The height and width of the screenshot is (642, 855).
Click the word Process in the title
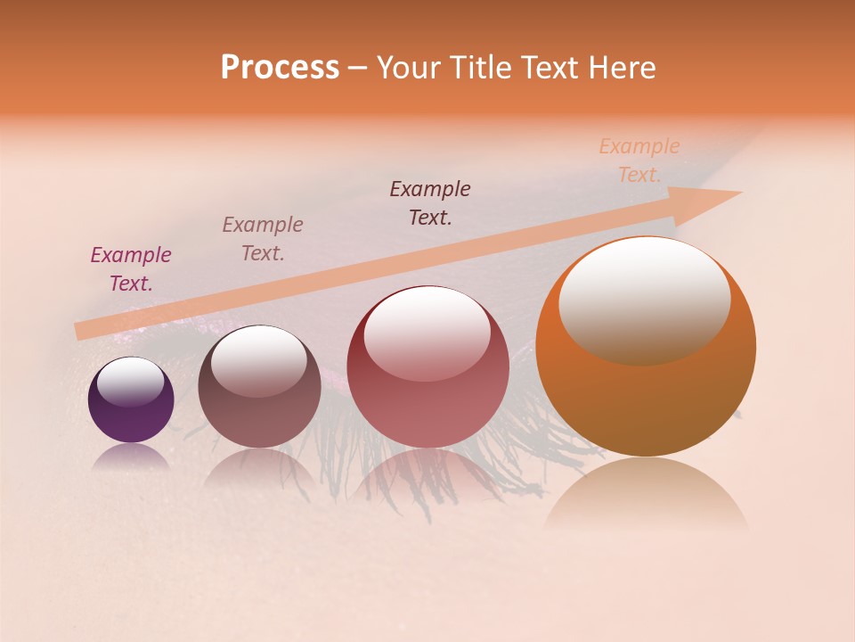click(x=280, y=68)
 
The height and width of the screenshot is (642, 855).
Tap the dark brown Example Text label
click(x=430, y=203)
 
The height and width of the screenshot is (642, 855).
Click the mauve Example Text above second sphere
click(x=263, y=239)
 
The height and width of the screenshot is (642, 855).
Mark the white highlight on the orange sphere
click(x=644, y=299)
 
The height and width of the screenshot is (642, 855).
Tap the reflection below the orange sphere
click(x=646, y=499)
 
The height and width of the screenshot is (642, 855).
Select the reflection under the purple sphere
click(x=131, y=457)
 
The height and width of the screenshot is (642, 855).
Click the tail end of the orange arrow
click(x=82, y=331)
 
